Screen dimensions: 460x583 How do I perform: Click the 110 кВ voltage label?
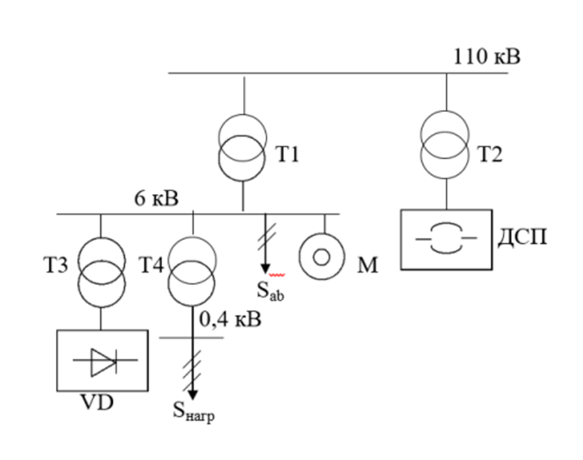coord(487,56)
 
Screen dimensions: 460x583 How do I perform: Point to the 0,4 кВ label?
coord(230,319)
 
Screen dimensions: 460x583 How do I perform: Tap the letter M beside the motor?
coord(366,265)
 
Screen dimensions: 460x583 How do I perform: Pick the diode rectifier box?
coord(101,361)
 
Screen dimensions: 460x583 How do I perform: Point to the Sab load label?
coord(269,291)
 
